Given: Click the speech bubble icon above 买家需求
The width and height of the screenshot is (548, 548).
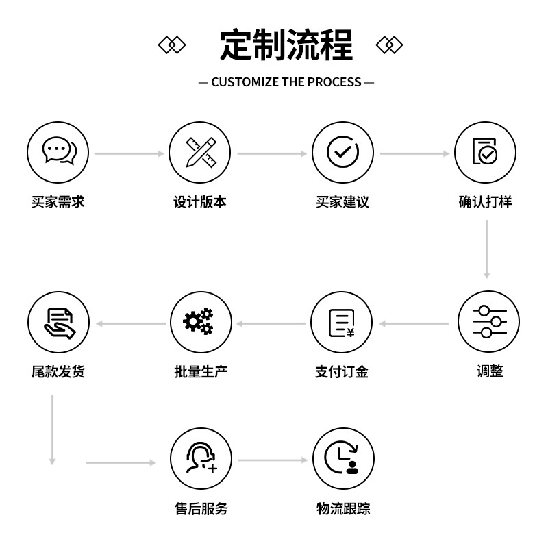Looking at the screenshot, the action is coord(58,152).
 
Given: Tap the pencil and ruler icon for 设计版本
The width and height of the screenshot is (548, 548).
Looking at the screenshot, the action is coord(201,152).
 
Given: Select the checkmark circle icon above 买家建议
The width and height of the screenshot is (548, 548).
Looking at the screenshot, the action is coord(343,152).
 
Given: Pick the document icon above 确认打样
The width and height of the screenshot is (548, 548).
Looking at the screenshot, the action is coord(485,152).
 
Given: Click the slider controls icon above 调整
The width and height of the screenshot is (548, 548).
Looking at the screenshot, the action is coord(489,322).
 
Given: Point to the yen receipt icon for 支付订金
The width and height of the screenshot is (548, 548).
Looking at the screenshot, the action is coord(342,323).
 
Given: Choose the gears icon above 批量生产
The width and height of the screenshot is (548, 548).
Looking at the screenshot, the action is coord(199,322).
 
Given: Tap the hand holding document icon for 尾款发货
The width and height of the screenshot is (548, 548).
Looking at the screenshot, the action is coord(58,322).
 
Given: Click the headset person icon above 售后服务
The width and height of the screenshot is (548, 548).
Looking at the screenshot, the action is coord(201,458).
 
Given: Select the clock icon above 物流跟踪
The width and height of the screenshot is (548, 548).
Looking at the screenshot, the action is coord(343,458).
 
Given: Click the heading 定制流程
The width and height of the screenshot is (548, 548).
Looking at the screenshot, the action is coord(286,45).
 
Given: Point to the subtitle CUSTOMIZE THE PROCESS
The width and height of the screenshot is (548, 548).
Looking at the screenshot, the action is coord(286,82).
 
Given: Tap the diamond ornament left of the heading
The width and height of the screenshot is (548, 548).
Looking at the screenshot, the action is coord(172,45).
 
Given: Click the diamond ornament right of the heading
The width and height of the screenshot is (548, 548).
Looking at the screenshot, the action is coord(389,45).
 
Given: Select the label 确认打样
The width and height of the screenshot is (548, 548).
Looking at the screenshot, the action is coord(485,202).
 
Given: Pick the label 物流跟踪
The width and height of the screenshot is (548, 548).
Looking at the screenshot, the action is coord(343,509).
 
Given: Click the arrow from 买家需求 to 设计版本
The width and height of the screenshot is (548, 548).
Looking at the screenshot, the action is coord(129,154).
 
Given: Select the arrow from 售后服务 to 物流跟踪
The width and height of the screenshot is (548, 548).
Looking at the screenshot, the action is coord(273,460).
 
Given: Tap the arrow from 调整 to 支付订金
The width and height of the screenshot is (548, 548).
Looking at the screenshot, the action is coord(414,323).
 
